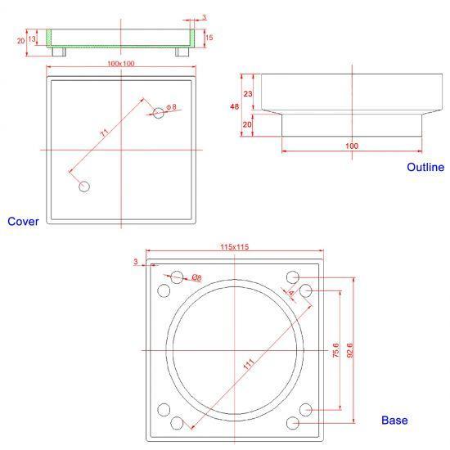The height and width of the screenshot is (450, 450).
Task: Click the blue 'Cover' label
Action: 23,222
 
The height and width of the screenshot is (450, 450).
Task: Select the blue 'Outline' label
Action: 425,167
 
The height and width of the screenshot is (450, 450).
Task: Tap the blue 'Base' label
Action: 394,421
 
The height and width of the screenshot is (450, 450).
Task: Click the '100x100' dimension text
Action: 121,64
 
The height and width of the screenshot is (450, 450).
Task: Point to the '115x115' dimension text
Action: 235,247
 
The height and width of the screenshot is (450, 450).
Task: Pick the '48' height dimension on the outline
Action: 235,106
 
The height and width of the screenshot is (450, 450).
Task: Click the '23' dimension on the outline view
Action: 248,94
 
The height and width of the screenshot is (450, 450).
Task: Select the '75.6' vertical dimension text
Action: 335,350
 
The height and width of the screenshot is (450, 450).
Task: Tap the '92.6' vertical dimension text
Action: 350,350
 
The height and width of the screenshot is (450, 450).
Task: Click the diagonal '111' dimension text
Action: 249,364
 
